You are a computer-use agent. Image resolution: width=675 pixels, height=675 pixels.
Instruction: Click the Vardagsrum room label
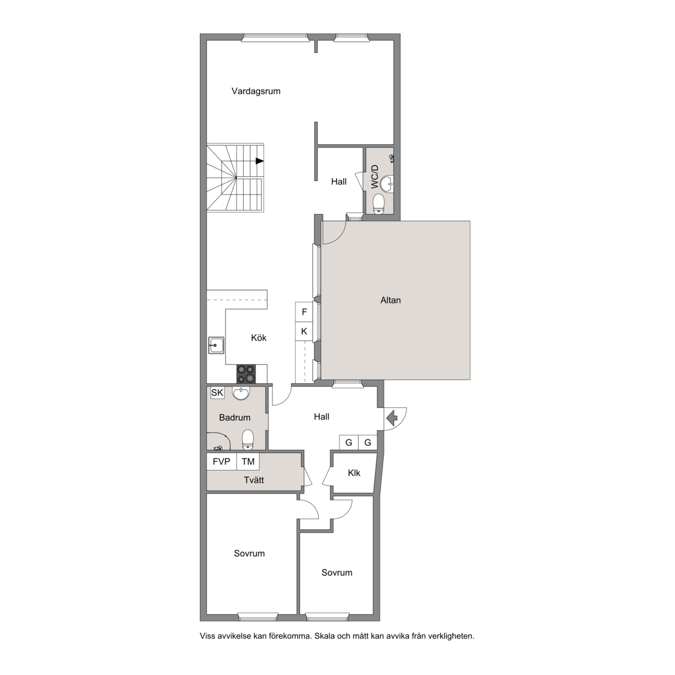point(255,91)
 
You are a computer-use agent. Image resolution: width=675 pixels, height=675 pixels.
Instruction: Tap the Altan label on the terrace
point(390,301)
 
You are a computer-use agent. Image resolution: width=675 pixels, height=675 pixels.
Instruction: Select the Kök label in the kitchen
point(259,338)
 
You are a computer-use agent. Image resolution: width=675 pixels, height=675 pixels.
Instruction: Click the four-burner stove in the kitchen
point(246,374)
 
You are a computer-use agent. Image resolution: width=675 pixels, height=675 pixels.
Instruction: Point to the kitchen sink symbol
point(216,345)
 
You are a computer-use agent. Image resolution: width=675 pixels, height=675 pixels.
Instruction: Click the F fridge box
point(304,312)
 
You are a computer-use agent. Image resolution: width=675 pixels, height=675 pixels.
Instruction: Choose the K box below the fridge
point(304,331)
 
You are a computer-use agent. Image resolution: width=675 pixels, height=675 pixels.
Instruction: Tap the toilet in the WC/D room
point(379,203)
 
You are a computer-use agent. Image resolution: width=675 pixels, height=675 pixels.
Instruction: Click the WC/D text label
point(375,176)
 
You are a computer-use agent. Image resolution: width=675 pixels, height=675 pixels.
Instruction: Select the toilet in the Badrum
point(247,439)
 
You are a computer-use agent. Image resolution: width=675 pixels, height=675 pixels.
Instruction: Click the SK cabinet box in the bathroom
point(217,393)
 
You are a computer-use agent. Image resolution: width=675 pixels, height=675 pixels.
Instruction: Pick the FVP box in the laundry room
point(221,462)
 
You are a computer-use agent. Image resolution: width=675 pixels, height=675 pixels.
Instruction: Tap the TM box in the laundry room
point(248,462)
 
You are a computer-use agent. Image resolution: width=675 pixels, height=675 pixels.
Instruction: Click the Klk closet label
point(354,473)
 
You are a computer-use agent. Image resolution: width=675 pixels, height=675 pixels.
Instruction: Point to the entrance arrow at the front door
point(392,418)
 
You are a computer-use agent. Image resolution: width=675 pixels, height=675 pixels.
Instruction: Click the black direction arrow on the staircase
point(260,161)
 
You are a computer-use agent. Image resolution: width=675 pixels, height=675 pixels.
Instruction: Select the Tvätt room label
point(254,480)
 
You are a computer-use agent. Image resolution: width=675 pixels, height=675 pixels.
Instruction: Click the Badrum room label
point(234,418)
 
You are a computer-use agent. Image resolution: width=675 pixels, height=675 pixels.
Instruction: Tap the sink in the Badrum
point(241,393)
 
